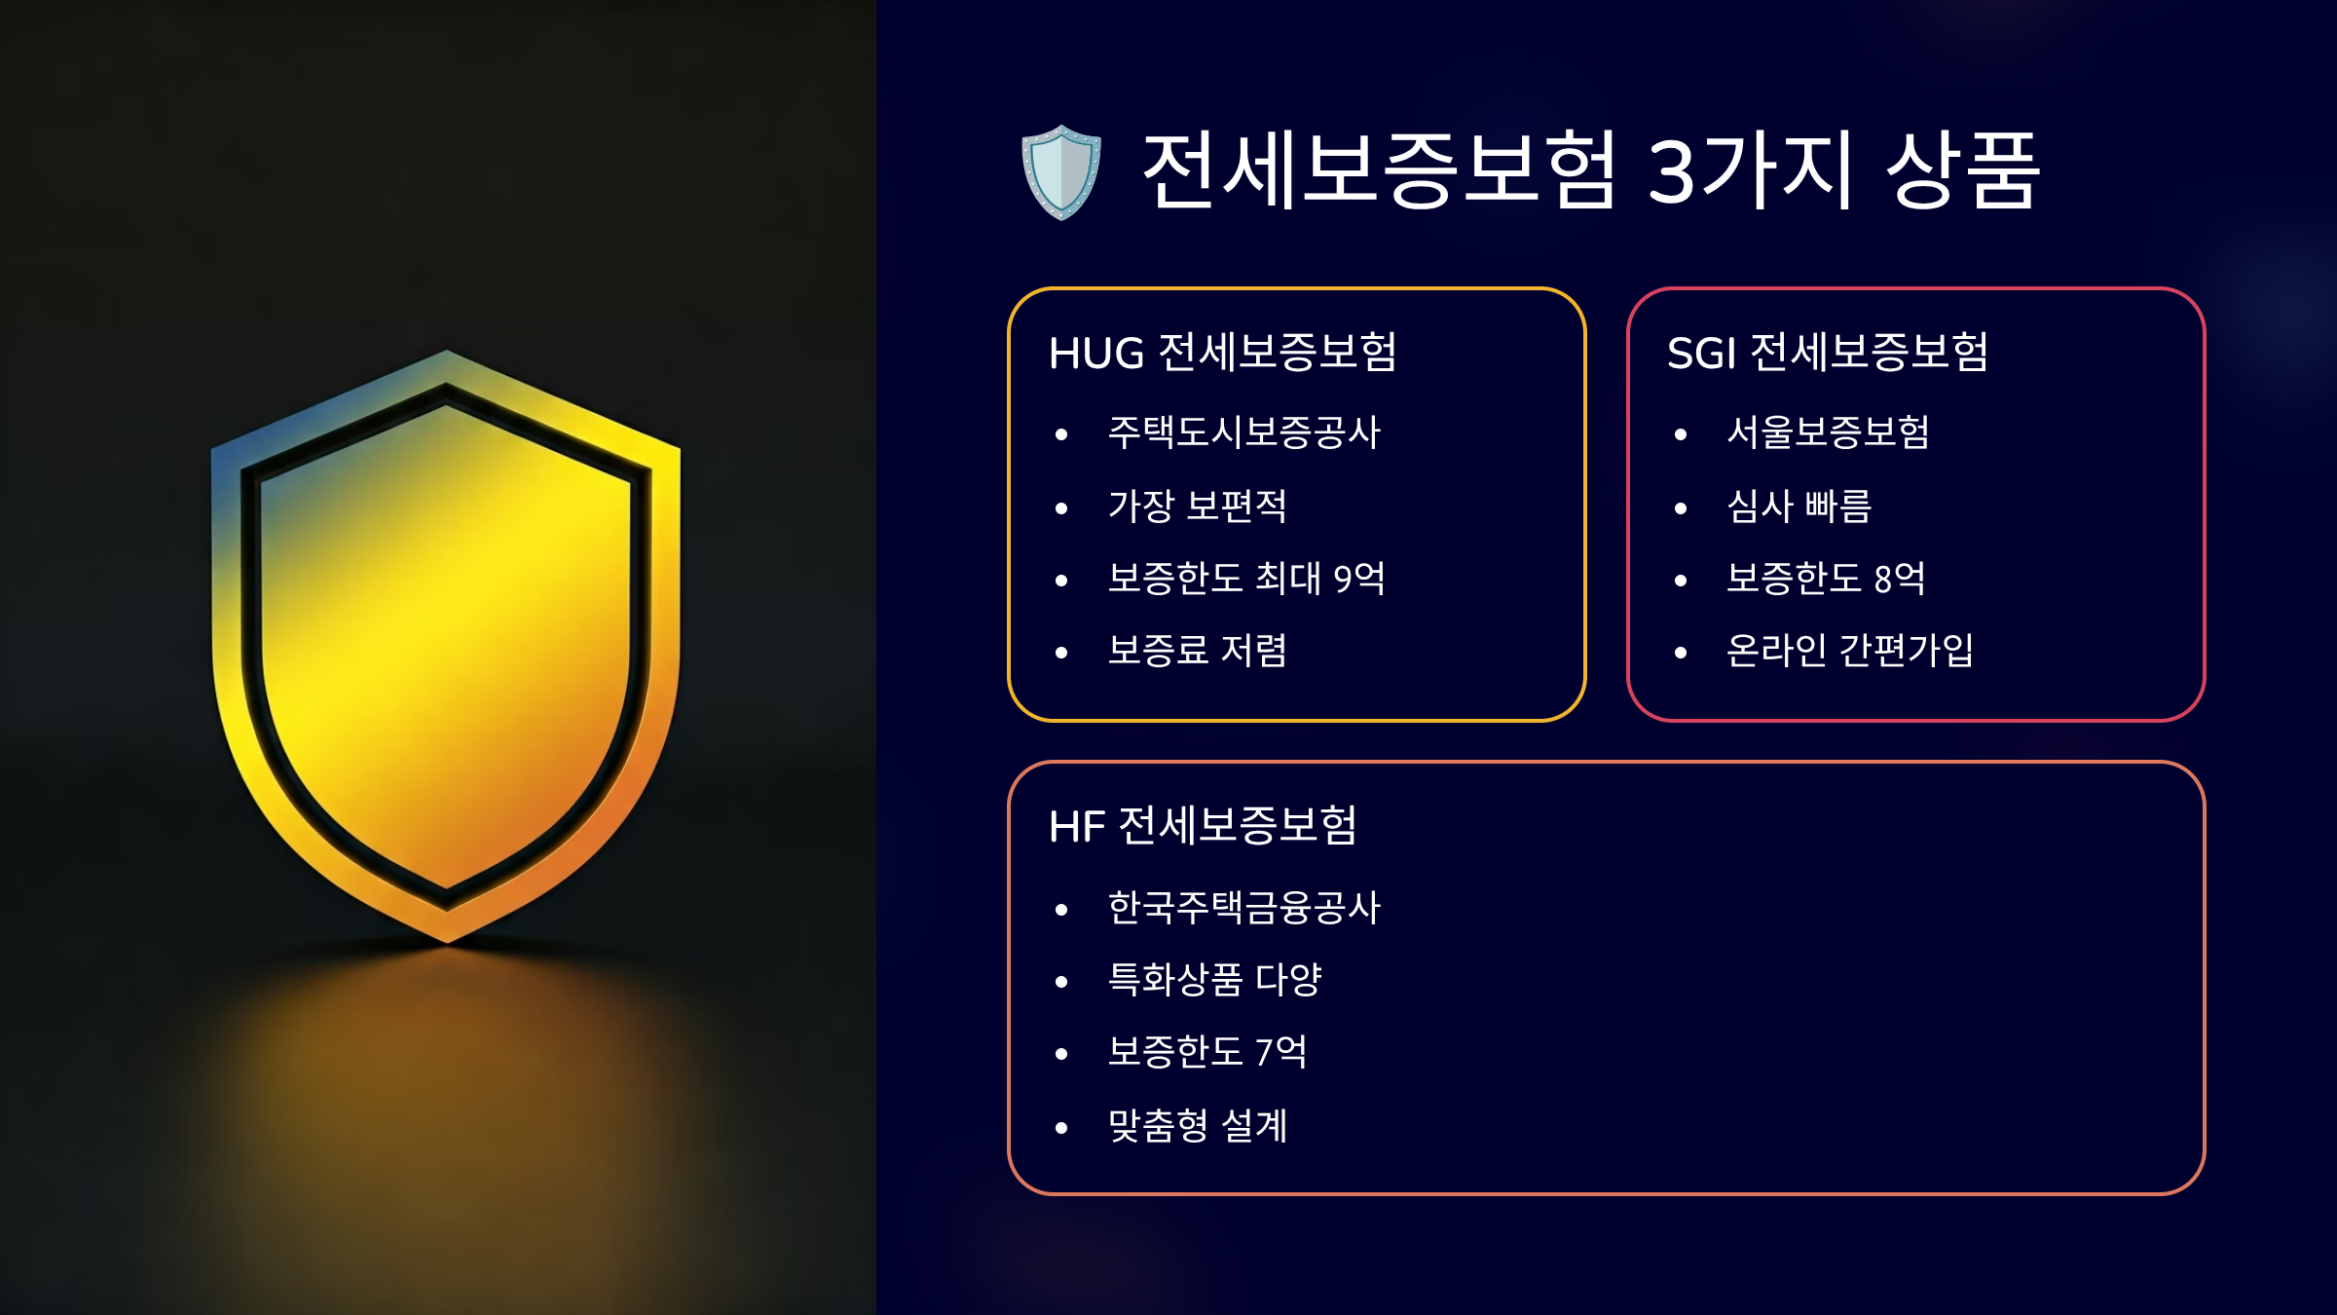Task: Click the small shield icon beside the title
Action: click(1061, 171)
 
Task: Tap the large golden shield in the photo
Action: click(446, 643)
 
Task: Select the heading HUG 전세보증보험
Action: click(1223, 353)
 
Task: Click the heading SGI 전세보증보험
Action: click(1827, 353)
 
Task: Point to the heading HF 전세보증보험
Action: click(1203, 826)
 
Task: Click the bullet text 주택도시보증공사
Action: click(1244, 432)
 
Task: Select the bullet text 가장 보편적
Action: click(1198, 506)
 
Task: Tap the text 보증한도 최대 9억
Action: click(1246, 579)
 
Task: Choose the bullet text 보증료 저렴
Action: click(1198, 651)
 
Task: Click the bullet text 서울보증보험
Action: click(1828, 432)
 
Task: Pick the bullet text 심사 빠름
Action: click(1799, 506)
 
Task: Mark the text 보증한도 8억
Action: click(1826, 579)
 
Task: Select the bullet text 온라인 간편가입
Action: click(1849, 651)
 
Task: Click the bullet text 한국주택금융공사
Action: click(1244, 908)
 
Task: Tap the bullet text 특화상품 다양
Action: click(1214, 980)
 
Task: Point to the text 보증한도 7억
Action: click(1207, 1052)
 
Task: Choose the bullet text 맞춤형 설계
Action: click(1198, 1126)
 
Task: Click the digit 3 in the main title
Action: click(1672, 171)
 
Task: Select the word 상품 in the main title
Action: click(1962, 171)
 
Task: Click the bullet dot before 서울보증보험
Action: click(1681, 434)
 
